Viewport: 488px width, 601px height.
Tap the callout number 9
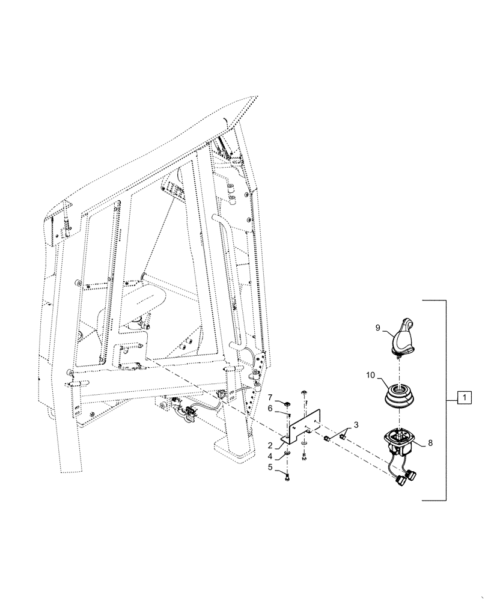coord(377,328)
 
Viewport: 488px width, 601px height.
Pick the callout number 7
coord(271,397)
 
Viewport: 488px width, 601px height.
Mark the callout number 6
coord(271,409)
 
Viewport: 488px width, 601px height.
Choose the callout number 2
coord(271,445)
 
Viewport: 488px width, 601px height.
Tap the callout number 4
coord(271,456)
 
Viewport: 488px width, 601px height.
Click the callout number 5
coord(271,466)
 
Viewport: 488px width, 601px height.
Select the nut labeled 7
coord(288,401)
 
